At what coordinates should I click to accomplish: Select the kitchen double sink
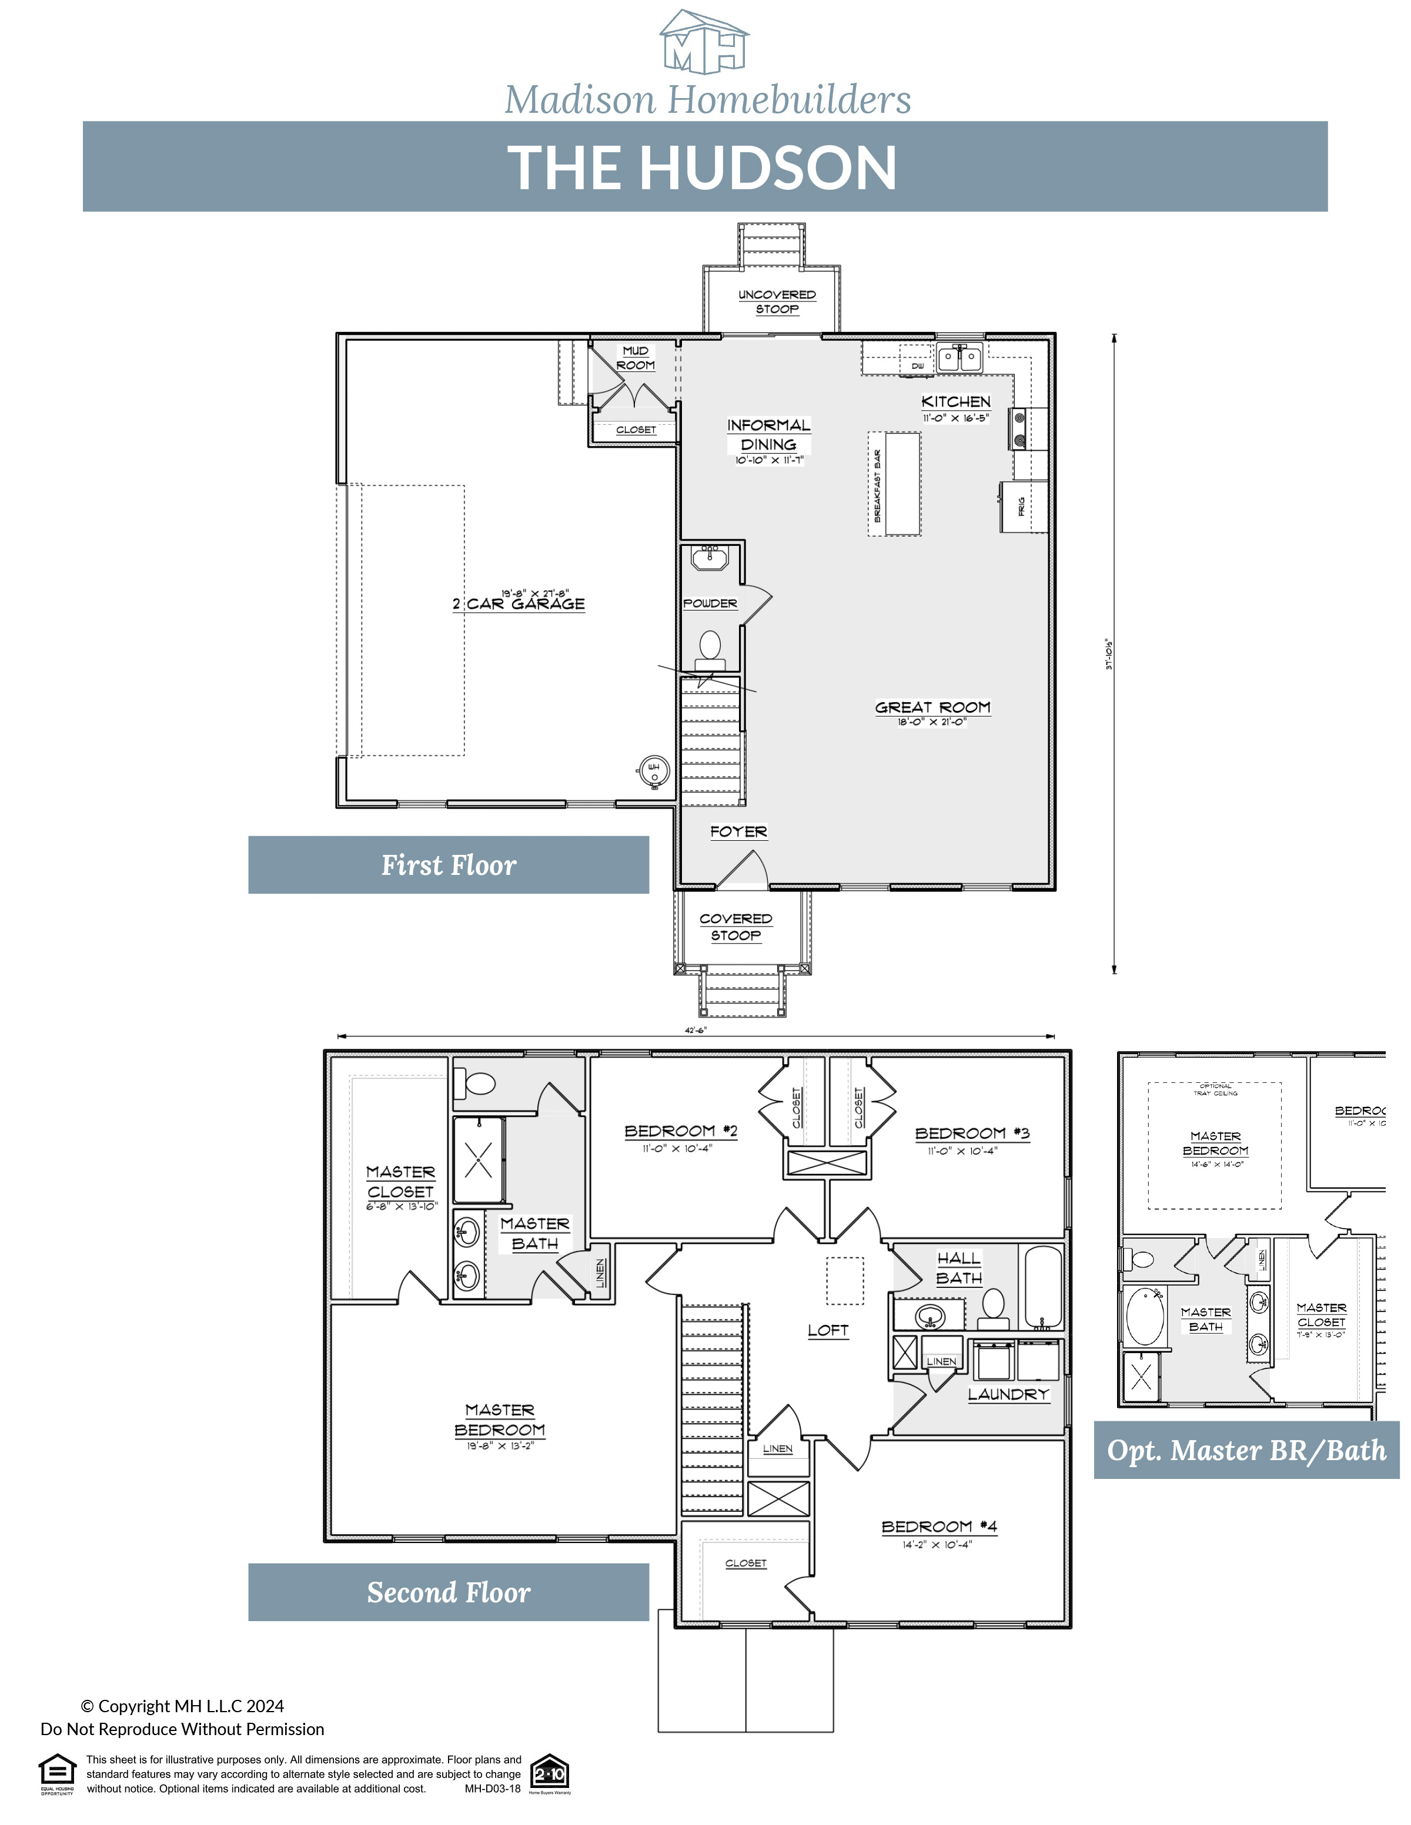coord(959,358)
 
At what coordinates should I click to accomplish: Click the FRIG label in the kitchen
coord(1021,506)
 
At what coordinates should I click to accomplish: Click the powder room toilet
coord(710,648)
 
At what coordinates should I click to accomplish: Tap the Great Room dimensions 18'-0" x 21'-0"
coord(932,722)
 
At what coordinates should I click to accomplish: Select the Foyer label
coord(738,831)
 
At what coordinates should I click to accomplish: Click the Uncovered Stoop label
coord(777,301)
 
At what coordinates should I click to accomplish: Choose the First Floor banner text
coord(449,865)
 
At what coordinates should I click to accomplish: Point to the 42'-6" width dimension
coord(696,1031)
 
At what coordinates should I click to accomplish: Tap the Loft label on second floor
coord(828,1330)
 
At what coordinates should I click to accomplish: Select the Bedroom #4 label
coord(939,1526)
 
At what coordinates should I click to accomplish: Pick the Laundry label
coord(1007,1394)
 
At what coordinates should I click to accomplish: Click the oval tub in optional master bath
coord(1144,1317)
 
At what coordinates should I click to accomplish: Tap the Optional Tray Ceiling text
coord(1215,1089)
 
